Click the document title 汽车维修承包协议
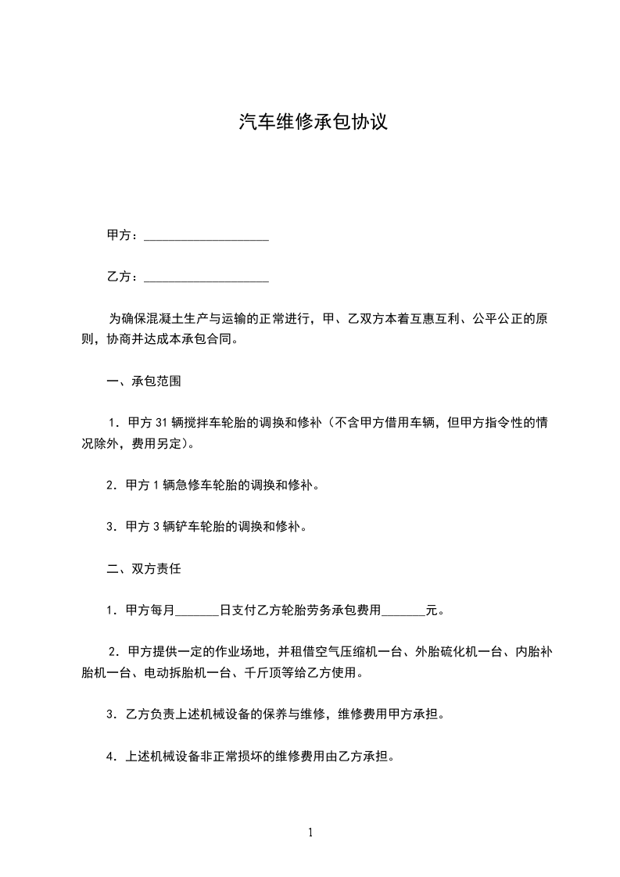point(313,123)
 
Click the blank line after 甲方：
point(207,237)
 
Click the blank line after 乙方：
point(207,278)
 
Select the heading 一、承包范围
point(145,382)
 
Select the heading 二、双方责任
point(145,569)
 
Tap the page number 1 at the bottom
point(310,832)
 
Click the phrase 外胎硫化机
point(448,652)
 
